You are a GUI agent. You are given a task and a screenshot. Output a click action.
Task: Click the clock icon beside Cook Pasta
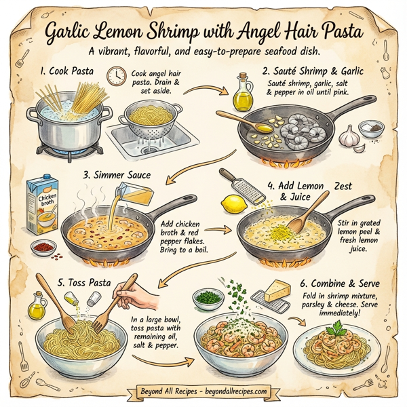(x=116, y=75)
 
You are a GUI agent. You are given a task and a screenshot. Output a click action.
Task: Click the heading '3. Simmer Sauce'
(x=116, y=175)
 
